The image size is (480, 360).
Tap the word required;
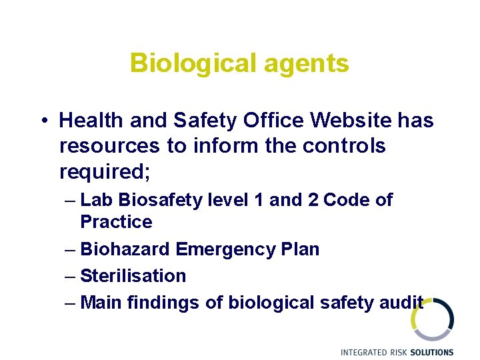pyautogui.click(x=105, y=173)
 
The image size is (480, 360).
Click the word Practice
pyautogui.click(x=116, y=222)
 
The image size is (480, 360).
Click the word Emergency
pyautogui.click(x=223, y=249)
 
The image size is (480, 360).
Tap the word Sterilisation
pyautogui.click(x=133, y=275)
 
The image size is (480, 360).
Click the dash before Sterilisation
pyautogui.click(x=71, y=276)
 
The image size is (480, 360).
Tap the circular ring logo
pyautogui.click(x=433, y=319)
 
